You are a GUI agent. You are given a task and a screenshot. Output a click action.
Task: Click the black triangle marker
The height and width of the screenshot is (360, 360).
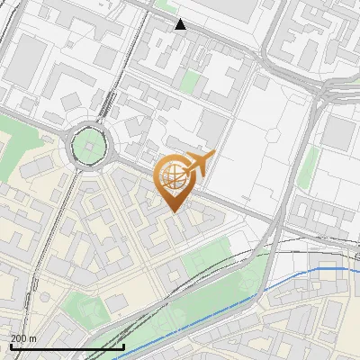coord(181,24)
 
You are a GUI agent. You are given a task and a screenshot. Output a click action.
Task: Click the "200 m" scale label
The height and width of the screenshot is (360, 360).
coord(23,337)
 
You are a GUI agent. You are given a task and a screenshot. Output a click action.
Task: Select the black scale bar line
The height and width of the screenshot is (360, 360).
coord(67,346)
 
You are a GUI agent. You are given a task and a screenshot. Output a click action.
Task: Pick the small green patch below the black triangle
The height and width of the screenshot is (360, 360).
coord(189,83)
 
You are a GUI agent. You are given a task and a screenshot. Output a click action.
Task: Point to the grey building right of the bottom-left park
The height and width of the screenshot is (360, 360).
coord(118,301)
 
